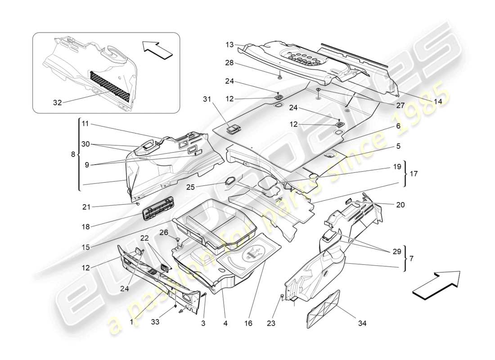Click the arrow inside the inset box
[157, 49]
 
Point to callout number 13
[230, 45]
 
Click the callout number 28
[230, 63]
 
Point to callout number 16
[247, 323]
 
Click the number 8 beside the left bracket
[73, 154]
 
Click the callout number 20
[400, 204]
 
